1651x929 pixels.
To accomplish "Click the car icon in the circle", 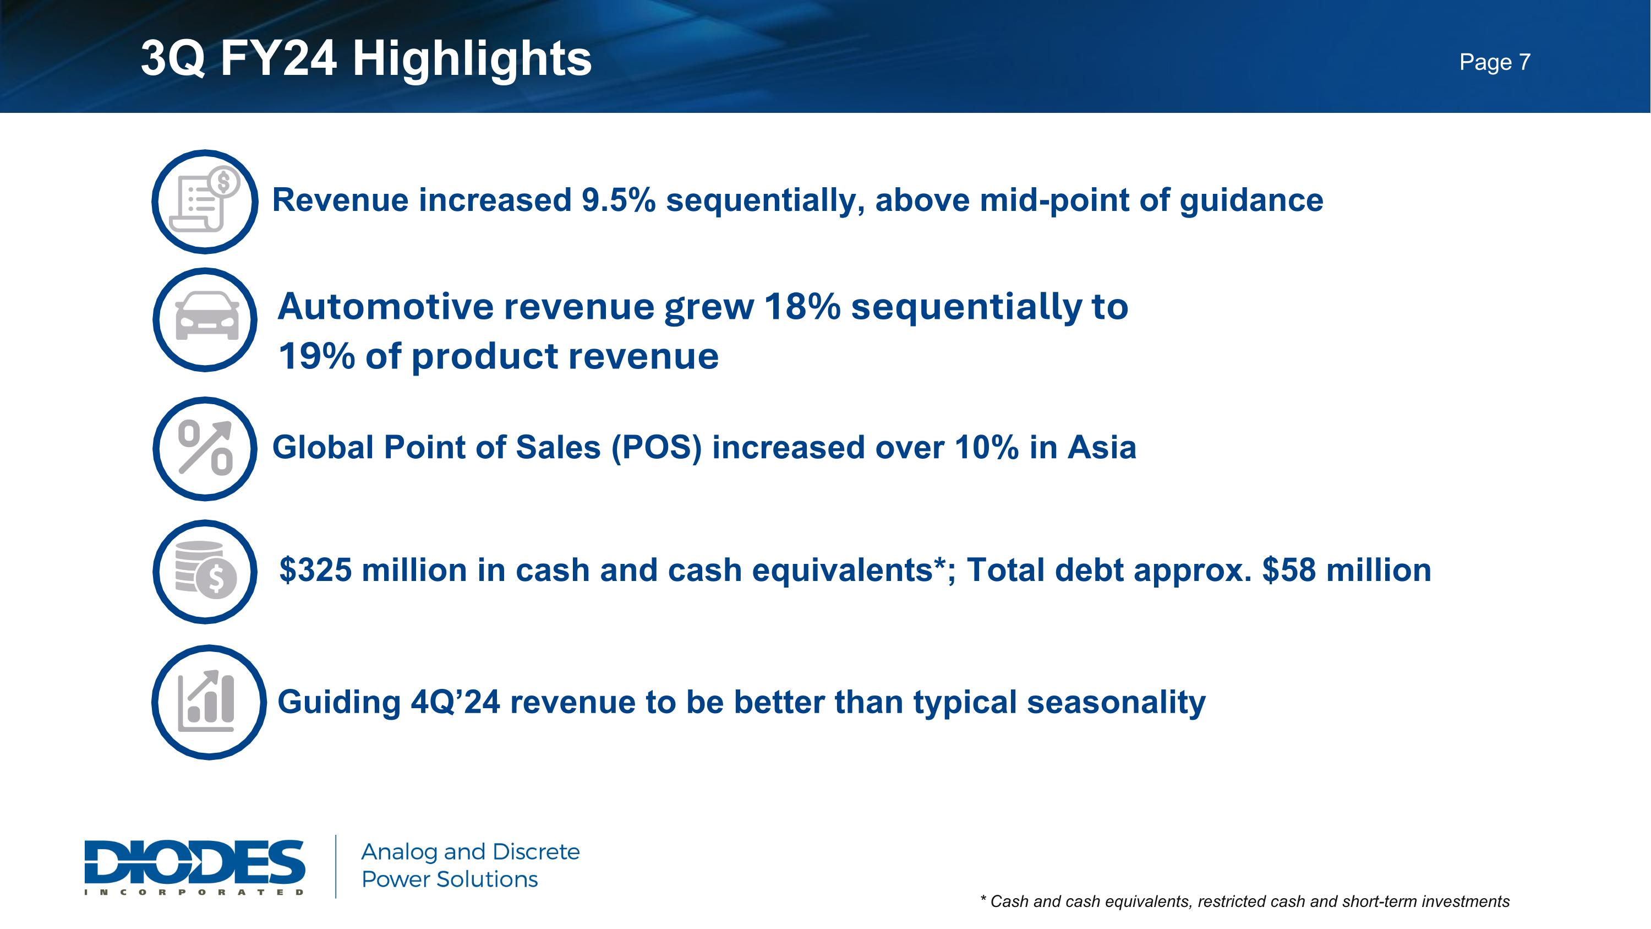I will (x=205, y=319).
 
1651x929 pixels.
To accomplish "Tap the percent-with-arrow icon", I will (x=205, y=448).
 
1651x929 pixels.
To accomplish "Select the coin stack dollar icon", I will (x=205, y=571).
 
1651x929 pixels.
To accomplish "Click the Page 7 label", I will (x=1495, y=62).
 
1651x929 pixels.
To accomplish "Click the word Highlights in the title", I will (x=472, y=58).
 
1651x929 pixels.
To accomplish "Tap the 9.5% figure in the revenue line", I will (x=618, y=200).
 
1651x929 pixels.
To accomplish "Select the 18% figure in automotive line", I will (x=802, y=307).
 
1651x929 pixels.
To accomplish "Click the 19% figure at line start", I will (x=316, y=356).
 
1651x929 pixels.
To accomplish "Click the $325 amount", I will (x=315, y=570).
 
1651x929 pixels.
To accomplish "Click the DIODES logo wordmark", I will (x=194, y=861).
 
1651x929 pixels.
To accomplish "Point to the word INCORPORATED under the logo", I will (x=194, y=892).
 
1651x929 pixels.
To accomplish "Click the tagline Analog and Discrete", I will (x=470, y=851).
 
